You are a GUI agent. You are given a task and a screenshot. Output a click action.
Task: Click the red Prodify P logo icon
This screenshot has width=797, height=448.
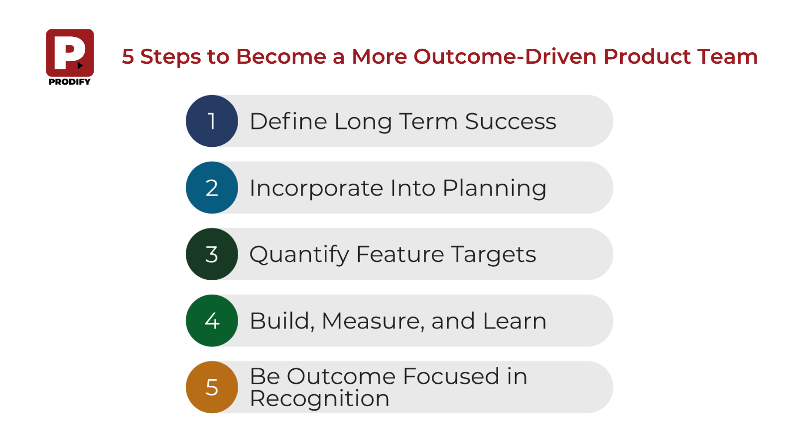70,53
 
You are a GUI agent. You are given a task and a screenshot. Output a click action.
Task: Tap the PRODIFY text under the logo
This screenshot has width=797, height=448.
70,82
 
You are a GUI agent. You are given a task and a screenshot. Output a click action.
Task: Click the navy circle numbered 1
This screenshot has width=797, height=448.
212,121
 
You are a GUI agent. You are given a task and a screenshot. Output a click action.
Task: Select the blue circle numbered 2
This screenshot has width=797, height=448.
212,188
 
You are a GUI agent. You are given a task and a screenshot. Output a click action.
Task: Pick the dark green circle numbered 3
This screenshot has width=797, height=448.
212,254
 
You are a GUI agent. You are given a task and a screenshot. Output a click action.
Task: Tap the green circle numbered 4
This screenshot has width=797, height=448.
212,321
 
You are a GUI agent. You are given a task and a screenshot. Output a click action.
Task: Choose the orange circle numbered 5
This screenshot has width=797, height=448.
212,387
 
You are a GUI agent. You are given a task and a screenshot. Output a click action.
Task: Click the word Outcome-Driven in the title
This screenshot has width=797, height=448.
505,56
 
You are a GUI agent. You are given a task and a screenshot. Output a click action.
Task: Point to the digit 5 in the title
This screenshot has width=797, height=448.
128,57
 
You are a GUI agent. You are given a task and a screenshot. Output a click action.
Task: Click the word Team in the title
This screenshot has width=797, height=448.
727,57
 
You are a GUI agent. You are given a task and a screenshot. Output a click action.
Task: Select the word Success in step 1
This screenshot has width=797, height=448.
511,121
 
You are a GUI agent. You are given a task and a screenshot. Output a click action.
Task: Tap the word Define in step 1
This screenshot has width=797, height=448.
288,121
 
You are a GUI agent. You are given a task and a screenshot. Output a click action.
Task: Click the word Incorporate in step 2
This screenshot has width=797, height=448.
317,189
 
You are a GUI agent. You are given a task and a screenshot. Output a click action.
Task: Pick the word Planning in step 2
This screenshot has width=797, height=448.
495,189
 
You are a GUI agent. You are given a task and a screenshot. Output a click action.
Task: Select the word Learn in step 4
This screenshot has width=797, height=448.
515,321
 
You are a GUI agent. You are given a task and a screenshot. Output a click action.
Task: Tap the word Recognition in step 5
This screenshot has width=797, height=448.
319,399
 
